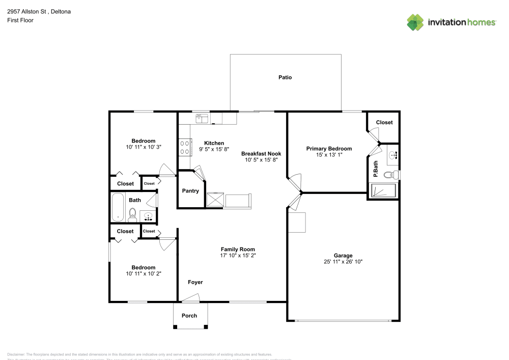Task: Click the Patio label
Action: [285, 78]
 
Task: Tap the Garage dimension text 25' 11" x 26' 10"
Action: [343, 262]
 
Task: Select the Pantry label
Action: [190, 191]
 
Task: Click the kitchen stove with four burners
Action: [184, 147]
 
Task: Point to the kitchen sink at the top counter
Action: [202, 119]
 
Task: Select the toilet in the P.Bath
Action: [390, 175]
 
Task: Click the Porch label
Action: [189, 316]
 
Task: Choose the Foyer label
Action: [195, 282]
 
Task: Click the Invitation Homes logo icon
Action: [415, 22]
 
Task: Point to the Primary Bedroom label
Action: [329, 149]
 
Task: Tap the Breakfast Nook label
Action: [261, 153]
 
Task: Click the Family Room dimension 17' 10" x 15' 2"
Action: [238, 256]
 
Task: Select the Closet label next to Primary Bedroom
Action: [384, 123]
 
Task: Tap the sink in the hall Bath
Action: [148, 216]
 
